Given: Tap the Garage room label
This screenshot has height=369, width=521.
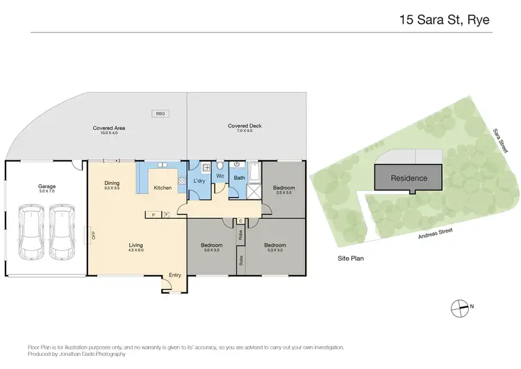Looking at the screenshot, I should [x=47, y=186].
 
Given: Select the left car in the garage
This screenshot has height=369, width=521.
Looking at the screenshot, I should [x=31, y=230].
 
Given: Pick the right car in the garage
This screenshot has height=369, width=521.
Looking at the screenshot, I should [x=62, y=230].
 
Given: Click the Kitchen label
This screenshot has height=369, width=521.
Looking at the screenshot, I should [x=163, y=188].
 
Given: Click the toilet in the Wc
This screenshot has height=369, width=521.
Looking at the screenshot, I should [x=220, y=166].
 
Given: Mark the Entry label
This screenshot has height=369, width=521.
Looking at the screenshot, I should [x=174, y=275].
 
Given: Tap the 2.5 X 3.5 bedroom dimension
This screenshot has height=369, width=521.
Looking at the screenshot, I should [x=283, y=192].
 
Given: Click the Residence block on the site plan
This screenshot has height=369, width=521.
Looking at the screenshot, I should [x=408, y=178].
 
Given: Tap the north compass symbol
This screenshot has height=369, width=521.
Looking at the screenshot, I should [x=458, y=306].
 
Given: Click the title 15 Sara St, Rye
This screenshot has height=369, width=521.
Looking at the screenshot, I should [x=445, y=19].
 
